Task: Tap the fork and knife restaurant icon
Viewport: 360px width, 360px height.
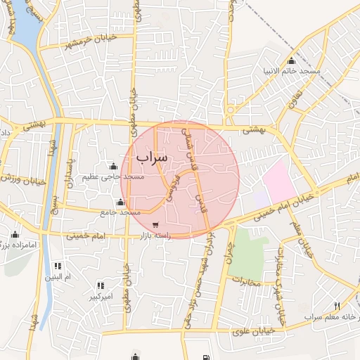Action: [337, 306]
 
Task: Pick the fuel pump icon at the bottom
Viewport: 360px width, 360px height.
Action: [205, 356]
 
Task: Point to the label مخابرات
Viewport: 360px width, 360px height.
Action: [246, 283]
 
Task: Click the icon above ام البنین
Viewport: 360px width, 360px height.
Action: [58, 266]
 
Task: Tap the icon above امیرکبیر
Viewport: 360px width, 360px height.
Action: [101, 285]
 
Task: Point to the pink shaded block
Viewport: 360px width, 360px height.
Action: [280, 179]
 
